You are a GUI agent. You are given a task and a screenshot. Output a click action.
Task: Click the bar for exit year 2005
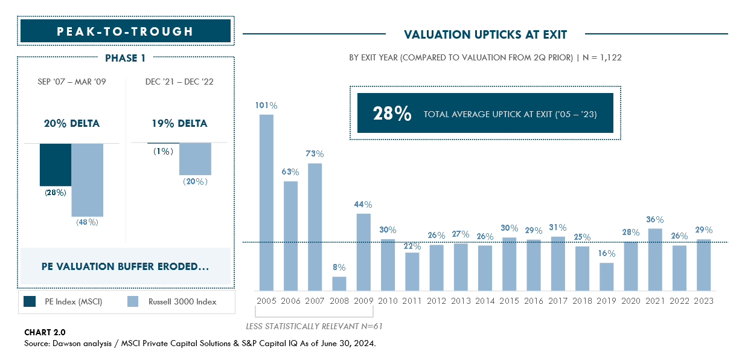click(266, 202)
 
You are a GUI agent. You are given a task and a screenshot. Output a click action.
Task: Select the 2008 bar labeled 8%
click(339, 283)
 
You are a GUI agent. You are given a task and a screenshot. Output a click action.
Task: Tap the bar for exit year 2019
click(606, 276)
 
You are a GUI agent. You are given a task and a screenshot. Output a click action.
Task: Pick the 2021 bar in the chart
click(655, 259)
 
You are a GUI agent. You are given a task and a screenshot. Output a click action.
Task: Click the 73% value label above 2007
click(315, 154)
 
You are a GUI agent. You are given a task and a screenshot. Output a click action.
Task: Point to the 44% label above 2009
click(363, 204)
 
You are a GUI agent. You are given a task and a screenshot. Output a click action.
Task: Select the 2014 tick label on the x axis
click(485, 300)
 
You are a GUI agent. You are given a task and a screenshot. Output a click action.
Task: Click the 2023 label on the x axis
click(703, 300)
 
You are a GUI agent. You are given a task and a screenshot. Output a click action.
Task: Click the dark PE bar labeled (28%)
click(56, 164)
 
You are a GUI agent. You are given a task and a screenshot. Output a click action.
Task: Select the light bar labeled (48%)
click(88, 179)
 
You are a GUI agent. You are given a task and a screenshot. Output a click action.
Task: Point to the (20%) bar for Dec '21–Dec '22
click(195, 159)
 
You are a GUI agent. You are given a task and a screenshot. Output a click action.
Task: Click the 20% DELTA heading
click(72, 124)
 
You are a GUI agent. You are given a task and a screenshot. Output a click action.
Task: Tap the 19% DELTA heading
click(179, 124)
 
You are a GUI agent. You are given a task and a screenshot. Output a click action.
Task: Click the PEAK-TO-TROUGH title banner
click(126, 31)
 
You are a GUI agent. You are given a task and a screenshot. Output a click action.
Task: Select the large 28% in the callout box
click(392, 114)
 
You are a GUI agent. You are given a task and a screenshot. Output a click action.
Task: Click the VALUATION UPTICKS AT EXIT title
click(485, 34)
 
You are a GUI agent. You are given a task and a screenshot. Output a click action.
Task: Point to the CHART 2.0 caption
click(45, 332)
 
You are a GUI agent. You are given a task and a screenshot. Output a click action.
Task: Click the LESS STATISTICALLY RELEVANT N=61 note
click(315, 326)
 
